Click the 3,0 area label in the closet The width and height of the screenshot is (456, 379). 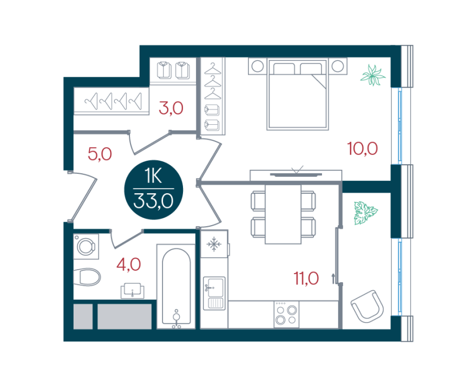pyautogui.click(x=171, y=108)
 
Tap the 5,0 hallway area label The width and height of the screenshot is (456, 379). pyautogui.click(x=100, y=154)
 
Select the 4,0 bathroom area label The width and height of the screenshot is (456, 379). pyautogui.click(x=129, y=264)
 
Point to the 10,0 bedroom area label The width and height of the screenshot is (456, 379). pyautogui.click(x=363, y=149)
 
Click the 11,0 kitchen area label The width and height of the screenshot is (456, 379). pyautogui.click(x=306, y=278)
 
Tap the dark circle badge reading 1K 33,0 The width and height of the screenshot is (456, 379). pyautogui.click(x=153, y=190)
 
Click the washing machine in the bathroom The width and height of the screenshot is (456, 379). pyautogui.click(x=86, y=246)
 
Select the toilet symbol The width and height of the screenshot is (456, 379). pyautogui.click(x=87, y=276)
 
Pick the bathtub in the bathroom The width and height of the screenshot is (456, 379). pyautogui.click(x=176, y=287)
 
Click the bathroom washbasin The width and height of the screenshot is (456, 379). pyautogui.click(x=133, y=291)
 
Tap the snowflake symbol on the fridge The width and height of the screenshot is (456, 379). pyautogui.click(x=214, y=244)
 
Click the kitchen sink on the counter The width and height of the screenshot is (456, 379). pyautogui.click(x=214, y=293)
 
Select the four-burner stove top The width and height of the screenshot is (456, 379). pyautogui.click(x=287, y=315)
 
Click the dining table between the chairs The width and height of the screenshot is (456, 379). pyautogui.click(x=283, y=214)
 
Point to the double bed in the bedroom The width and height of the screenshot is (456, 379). pyautogui.click(x=298, y=93)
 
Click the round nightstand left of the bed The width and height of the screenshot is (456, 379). pyautogui.click(x=258, y=66)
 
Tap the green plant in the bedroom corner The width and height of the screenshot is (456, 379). pyautogui.click(x=373, y=75)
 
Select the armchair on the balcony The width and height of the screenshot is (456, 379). pyautogui.click(x=367, y=306)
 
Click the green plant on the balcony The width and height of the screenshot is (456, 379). pyautogui.click(x=365, y=213)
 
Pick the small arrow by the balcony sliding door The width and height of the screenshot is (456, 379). pyautogui.click(x=333, y=278)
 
